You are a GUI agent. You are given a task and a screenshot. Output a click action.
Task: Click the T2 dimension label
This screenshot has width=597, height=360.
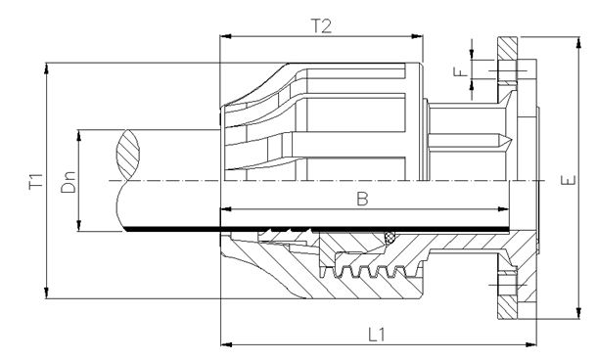coord(321,25)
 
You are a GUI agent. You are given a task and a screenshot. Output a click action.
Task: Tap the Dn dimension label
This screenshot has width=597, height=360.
coord(69,182)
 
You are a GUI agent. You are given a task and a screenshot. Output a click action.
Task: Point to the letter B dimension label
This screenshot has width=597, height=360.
coord(361,199)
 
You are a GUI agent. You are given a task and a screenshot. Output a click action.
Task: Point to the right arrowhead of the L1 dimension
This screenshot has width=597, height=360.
coord(533,343)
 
